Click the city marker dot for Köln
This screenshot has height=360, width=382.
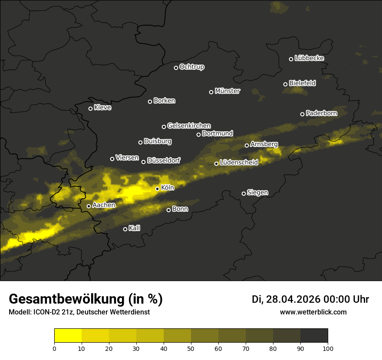(157, 189)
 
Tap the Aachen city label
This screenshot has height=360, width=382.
(104, 205)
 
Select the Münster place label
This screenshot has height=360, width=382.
(227, 91)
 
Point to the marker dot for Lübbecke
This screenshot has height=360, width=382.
(291, 59)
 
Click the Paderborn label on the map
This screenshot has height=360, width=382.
(321, 113)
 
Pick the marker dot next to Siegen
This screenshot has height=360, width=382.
(244, 193)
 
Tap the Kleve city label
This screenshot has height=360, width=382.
(102, 108)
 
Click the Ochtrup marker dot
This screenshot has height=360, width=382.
(176, 68)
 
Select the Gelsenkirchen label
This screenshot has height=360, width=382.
(189, 126)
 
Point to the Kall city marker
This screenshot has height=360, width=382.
(125, 229)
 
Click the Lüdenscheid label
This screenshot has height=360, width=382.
(239, 163)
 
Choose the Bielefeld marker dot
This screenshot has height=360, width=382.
(285, 84)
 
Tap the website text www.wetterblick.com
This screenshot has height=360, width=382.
(313, 312)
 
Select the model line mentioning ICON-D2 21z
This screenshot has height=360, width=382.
(79, 312)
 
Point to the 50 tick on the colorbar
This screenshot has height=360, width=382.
(191, 348)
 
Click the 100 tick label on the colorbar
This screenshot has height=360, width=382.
(328, 348)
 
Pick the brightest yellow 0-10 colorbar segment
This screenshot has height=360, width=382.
(68, 336)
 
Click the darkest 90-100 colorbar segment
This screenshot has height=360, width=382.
(314, 336)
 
